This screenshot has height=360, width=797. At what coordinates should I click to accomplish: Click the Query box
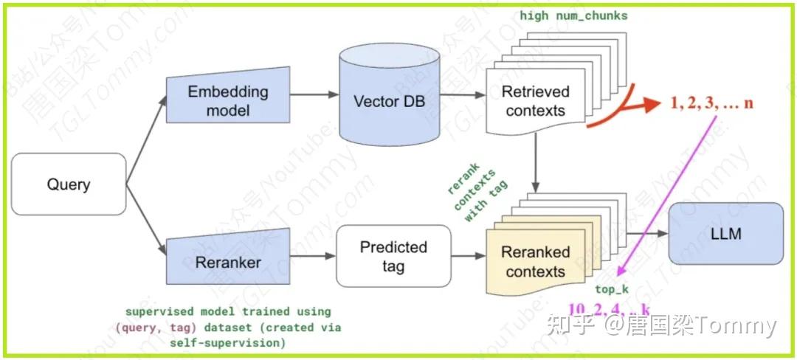click(x=69, y=184)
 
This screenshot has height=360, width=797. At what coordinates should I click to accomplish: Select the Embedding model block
click(x=227, y=101)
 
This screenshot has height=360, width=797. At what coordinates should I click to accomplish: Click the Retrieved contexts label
click(x=535, y=102)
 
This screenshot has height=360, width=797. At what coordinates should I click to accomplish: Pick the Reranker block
click(x=227, y=262)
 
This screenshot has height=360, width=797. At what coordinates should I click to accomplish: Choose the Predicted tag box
click(x=393, y=257)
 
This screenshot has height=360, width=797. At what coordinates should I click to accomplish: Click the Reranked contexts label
click(x=535, y=262)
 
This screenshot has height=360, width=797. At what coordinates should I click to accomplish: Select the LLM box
click(x=725, y=235)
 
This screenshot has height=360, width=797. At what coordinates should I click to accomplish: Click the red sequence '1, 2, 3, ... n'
click(x=711, y=103)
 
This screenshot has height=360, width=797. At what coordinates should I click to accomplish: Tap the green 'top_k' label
click(x=610, y=290)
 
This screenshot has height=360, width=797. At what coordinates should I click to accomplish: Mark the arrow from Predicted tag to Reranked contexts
click(x=468, y=257)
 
